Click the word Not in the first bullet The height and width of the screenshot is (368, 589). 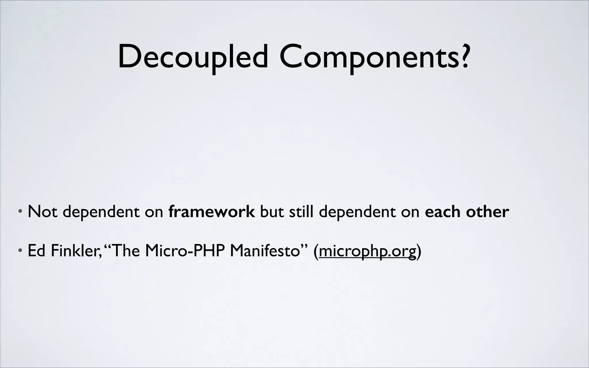coord(42,212)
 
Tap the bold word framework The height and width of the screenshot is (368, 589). coord(211,212)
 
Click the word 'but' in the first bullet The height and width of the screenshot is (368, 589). coord(272,212)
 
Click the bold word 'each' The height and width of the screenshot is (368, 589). coord(443,212)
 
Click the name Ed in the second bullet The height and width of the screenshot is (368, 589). coord(37,251)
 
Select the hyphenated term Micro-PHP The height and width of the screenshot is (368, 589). coord(184,251)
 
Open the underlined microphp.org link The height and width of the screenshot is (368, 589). coord(367,251)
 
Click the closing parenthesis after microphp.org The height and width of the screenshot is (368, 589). coord(419,251)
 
